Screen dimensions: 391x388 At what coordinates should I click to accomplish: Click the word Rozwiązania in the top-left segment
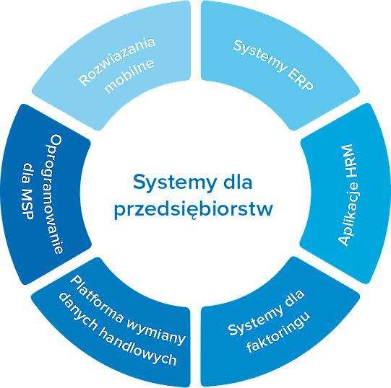(116, 61)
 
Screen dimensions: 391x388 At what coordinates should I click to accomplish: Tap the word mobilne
(129, 76)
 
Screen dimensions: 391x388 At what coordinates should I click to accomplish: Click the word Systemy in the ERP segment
(260, 56)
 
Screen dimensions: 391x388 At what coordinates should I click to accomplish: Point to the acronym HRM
(348, 161)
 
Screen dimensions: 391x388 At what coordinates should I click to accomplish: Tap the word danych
(77, 312)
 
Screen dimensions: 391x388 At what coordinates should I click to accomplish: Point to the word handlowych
(137, 348)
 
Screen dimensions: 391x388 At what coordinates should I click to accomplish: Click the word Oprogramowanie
(54, 194)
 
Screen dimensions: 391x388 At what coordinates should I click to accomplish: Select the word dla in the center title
(238, 182)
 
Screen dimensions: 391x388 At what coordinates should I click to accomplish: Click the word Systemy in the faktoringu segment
(256, 320)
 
